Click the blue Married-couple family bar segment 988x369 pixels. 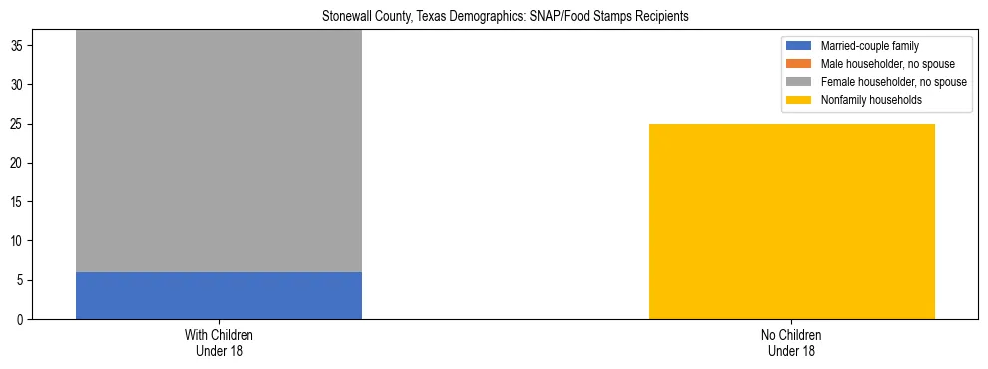point(219,295)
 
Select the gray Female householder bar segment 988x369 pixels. point(219,151)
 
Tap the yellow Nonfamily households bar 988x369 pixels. point(791,221)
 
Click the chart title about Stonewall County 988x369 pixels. point(505,17)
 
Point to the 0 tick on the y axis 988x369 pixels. point(21,320)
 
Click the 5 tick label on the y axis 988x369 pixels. point(21,280)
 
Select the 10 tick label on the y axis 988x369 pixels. point(18,241)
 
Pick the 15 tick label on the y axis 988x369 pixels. point(18,202)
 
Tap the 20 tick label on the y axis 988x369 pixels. point(18,164)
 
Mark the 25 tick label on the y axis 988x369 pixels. point(18,125)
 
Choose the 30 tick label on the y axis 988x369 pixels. point(18,85)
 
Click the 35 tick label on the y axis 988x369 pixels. point(18,46)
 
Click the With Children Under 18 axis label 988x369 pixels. point(219,342)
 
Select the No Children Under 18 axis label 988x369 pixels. point(791,342)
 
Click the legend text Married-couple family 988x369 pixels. point(870,46)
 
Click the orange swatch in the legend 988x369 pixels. point(800,64)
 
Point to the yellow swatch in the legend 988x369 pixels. point(800,100)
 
